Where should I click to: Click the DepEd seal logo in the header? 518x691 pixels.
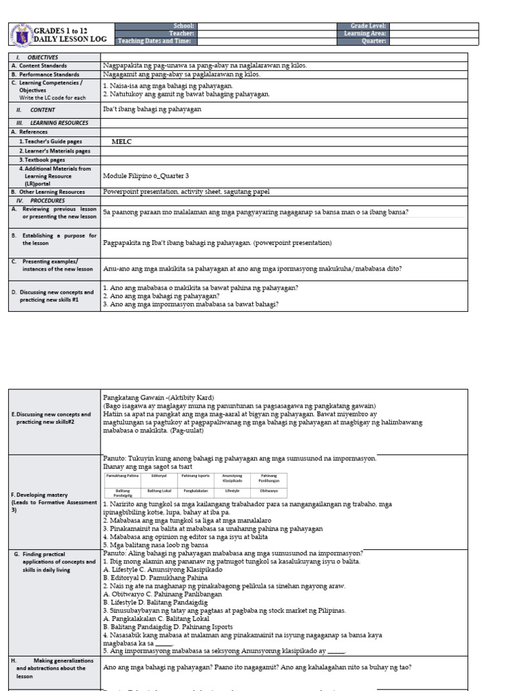[21, 34]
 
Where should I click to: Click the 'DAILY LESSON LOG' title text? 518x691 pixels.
[66, 40]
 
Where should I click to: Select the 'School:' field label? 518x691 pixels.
[183, 26]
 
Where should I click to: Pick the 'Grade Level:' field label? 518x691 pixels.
[363, 26]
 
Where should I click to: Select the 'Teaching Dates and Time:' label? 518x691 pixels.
[156, 40]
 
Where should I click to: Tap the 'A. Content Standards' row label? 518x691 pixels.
[38, 66]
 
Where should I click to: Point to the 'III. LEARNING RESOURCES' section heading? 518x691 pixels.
[52, 123]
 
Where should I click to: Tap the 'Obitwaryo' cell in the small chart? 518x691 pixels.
[269, 491]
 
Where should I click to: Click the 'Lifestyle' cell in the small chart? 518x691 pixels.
[233, 491]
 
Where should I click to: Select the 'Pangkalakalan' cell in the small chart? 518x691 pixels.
[196, 491]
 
